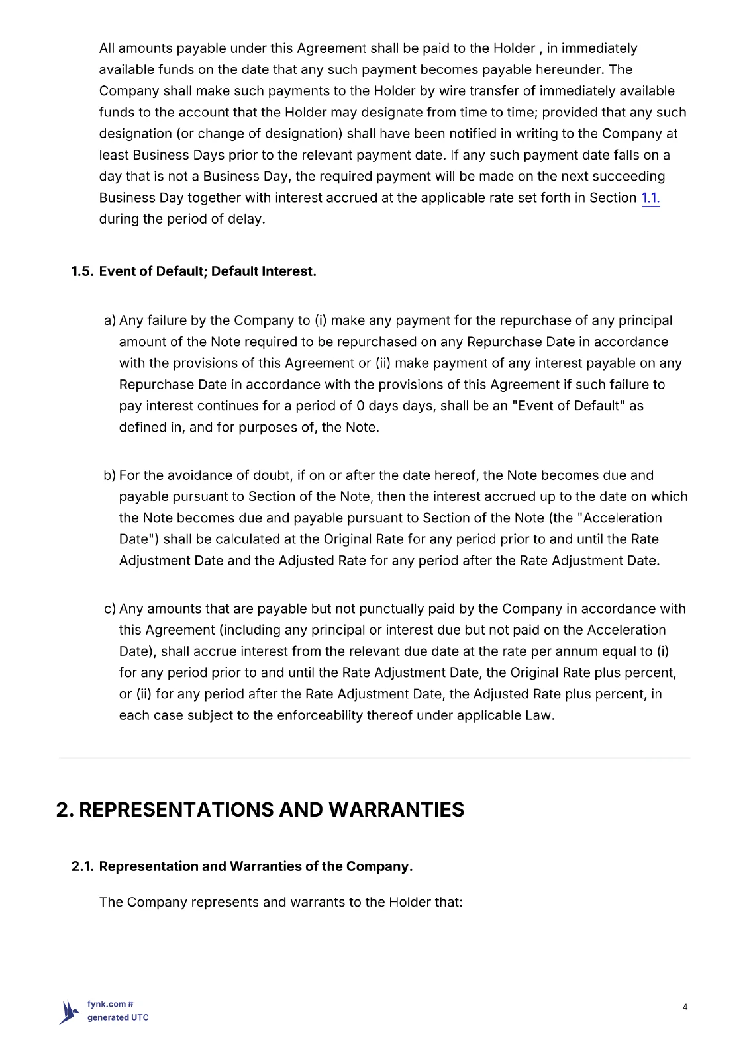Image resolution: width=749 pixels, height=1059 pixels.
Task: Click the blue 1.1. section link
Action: [x=650, y=198]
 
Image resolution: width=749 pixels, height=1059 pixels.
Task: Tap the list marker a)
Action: [x=110, y=320]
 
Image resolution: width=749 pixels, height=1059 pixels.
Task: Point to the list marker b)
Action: [x=109, y=475]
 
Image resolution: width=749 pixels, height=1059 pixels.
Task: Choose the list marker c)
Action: [x=109, y=609]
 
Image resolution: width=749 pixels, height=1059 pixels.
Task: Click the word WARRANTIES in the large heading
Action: [x=396, y=809]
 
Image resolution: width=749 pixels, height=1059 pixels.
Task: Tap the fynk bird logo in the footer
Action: [x=69, y=1012]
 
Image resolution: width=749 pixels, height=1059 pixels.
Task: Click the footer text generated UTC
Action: [x=118, y=1018]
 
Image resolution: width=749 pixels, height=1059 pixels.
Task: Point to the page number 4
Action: [x=685, y=1007]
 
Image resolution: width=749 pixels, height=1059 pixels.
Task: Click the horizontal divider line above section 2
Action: [x=374, y=758]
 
